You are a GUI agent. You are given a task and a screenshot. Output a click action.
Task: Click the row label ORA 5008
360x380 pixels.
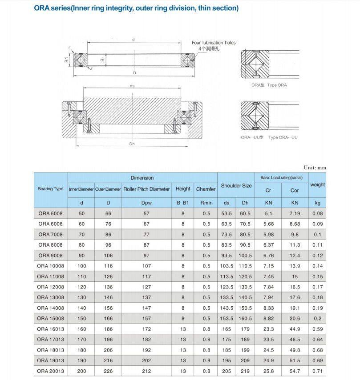click(x=50, y=214)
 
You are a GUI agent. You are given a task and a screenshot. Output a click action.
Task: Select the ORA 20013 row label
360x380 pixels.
click(x=50, y=371)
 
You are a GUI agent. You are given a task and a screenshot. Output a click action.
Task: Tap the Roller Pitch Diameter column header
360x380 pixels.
click(x=146, y=189)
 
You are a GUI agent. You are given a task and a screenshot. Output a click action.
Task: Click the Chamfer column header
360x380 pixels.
click(x=206, y=189)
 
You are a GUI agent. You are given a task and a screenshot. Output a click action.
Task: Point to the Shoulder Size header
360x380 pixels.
click(x=236, y=186)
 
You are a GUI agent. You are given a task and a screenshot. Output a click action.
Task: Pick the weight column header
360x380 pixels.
click(x=317, y=185)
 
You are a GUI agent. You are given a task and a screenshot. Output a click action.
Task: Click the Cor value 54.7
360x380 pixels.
click(x=295, y=371)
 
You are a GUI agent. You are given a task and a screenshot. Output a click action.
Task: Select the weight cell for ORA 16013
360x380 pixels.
click(x=317, y=329)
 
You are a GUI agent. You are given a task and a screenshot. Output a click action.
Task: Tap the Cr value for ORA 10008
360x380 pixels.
click(x=268, y=266)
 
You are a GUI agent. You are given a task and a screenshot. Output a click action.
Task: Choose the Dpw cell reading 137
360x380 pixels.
click(x=146, y=297)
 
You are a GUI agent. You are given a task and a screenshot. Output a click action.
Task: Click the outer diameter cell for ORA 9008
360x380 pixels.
click(x=108, y=256)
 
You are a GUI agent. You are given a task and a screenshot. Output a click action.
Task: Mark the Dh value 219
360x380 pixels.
click(x=245, y=371)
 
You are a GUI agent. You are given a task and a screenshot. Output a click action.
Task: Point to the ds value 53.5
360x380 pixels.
click(x=227, y=214)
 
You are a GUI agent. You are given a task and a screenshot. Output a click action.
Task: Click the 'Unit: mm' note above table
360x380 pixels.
click(x=315, y=168)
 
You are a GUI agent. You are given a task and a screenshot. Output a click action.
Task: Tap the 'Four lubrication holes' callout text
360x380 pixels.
click(x=214, y=43)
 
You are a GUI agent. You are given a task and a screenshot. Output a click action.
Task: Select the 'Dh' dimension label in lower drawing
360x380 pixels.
click(x=132, y=144)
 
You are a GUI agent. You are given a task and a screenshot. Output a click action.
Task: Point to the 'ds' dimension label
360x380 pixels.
click(x=132, y=86)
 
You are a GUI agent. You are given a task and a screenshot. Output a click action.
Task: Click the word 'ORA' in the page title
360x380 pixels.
click(x=43, y=8)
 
